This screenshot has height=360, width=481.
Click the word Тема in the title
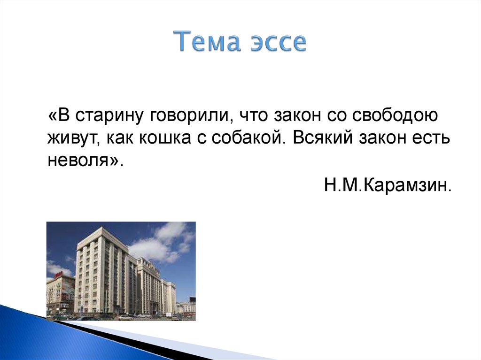click(208, 41)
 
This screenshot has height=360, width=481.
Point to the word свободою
click(395, 115)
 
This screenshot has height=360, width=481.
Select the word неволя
click(79, 160)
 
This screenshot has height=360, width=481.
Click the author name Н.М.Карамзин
click(388, 185)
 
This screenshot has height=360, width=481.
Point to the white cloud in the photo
click(160, 242)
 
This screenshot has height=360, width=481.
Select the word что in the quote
click(253, 116)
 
